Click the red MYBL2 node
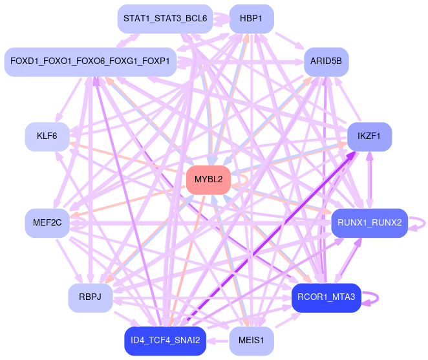208,180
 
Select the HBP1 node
251,18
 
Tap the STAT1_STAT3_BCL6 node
165,18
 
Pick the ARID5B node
326,61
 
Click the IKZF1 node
369,136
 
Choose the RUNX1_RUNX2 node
369,222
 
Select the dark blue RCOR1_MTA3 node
326,297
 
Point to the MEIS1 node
251,340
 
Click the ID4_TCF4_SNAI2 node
165,340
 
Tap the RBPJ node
91,297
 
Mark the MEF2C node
47,222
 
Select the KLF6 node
47,136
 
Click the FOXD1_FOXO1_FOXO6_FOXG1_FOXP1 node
90,61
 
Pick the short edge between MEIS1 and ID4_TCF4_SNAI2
218,340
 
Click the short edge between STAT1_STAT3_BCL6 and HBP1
220,18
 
